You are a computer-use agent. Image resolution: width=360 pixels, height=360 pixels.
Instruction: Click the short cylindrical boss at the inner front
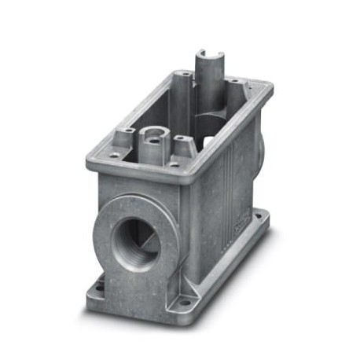152,141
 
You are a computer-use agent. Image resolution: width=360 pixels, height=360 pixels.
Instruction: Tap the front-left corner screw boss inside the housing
122,142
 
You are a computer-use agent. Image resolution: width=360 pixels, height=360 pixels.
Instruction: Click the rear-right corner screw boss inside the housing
234,84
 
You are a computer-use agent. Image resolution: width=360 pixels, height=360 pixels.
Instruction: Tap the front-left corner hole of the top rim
116,155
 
